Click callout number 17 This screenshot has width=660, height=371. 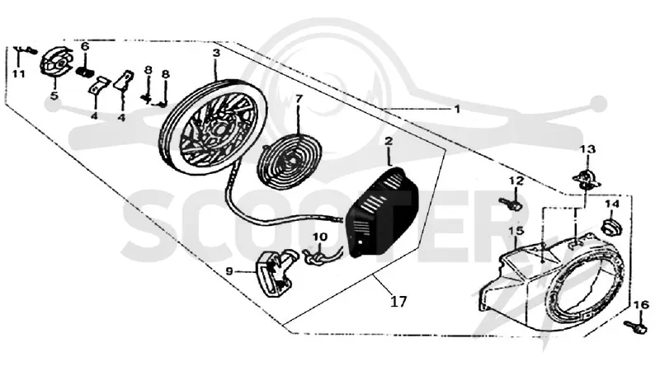click(x=398, y=302)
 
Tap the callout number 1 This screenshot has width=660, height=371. click(x=457, y=109)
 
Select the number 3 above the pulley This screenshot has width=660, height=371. click(x=216, y=53)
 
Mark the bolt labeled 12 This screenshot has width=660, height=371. click(x=511, y=204)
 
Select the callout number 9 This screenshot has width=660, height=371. click(x=229, y=271)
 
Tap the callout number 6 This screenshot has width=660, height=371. click(x=85, y=46)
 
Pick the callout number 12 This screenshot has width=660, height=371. click(x=516, y=181)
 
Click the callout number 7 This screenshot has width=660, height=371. click(x=299, y=99)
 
